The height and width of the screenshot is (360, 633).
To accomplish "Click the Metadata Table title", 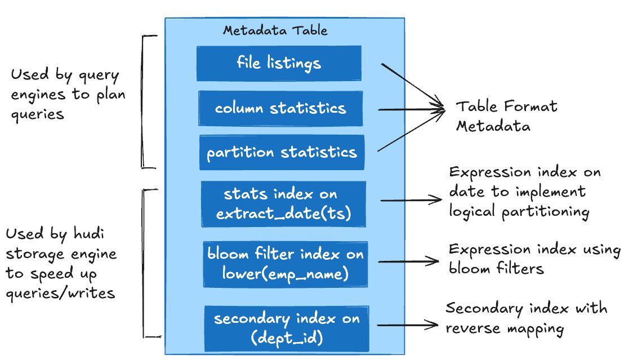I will click(275, 30).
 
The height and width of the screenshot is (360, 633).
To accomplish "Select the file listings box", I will click(279, 63).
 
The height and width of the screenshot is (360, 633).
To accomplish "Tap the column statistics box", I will click(280, 108).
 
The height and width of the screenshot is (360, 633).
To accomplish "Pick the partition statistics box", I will click(281, 152).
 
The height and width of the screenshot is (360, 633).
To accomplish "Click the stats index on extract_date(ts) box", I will click(284, 203).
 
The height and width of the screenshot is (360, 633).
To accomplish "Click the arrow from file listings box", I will click(411, 84).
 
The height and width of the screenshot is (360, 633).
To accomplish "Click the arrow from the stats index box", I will click(411, 199).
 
